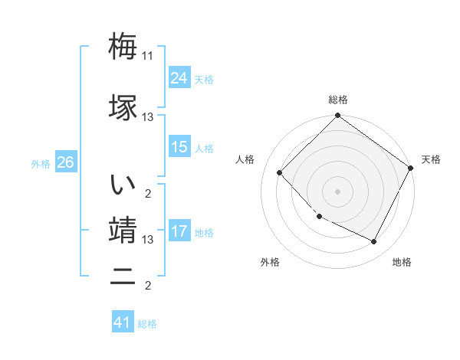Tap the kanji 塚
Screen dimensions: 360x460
pyautogui.click(x=123, y=107)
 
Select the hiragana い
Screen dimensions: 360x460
pyautogui.click(x=123, y=185)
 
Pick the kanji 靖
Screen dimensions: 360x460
pyautogui.click(x=123, y=230)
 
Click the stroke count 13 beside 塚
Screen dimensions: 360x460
pyautogui.click(x=148, y=117)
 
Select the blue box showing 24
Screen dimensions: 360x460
pyautogui.click(x=179, y=77)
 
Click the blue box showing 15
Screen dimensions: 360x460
pyautogui.click(x=179, y=147)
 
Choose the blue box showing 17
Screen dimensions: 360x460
pyautogui.click(x=179, y=231)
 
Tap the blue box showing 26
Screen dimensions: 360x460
pyautogui.click(x=65, y=162)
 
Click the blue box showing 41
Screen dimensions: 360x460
pyautogui.click(x=123, y=322)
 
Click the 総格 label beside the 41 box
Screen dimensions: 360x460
pyautogui.click(x=147, y=324)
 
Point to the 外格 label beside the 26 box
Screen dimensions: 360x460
pyautogui.click(x=41, y=164)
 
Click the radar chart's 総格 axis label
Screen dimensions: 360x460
pyautogui.click(x=337, y=100)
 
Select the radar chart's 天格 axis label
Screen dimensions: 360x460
pyautogui.click(x=431, y=159)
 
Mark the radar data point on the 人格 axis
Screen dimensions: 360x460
pyautogui.click(x=280, y=172)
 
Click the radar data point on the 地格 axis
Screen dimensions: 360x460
pyautogui.click(x=373, y=241)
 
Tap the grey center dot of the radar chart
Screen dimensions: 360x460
pyautogui.click(x=337, y=191)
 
